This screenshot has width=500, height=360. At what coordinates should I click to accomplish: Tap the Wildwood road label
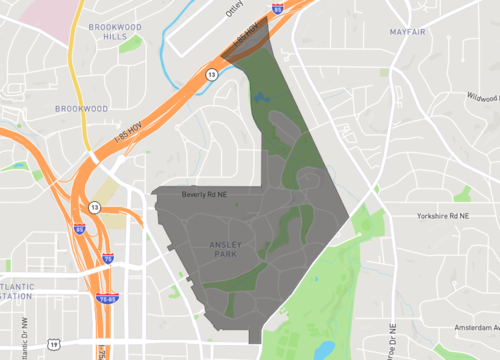[x=481, y=98]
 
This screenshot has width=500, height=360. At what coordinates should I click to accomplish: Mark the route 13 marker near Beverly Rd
[x=94, y=207]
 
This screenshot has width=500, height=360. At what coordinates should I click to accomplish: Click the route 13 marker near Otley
[x=212, y=74]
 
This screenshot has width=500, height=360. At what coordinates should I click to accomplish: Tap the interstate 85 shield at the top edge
[x=277, y=6]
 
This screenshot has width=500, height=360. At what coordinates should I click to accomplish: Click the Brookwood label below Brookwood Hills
[x=82, y=107]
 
